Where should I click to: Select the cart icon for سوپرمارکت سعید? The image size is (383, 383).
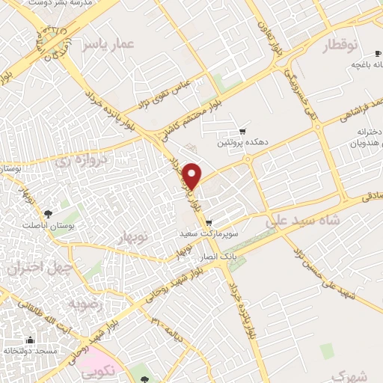(x=209, y=222)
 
